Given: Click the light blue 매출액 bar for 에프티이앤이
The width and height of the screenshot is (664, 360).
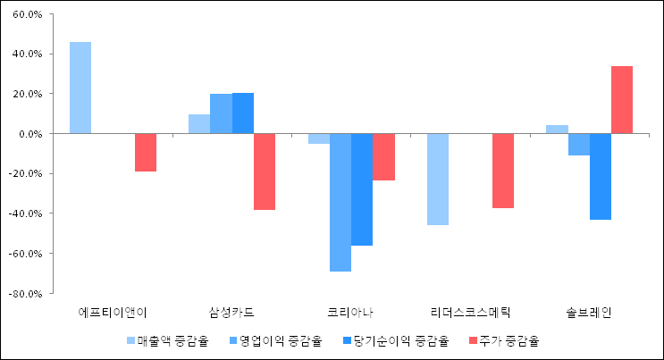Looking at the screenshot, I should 80,88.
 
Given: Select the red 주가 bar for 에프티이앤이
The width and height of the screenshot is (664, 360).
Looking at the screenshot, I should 146,152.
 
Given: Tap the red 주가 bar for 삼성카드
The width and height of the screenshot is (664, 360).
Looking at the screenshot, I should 265,172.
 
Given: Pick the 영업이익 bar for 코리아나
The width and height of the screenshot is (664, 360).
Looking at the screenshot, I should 340,202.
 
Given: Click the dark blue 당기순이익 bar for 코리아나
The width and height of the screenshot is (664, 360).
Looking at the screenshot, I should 362,189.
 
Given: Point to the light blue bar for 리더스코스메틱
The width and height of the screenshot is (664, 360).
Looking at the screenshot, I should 438,179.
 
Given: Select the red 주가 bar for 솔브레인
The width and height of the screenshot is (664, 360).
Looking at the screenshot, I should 622,99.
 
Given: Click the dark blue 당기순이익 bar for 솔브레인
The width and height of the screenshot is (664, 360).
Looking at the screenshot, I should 601,176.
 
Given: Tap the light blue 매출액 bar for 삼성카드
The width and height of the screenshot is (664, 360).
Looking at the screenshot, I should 199,123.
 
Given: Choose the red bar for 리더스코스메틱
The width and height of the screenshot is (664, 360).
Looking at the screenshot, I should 503,171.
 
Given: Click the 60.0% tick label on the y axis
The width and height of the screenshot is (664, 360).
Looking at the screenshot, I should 26,14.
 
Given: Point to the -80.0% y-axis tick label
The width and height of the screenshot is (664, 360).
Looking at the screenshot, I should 24,293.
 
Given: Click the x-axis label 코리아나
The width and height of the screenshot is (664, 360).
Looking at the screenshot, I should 351,313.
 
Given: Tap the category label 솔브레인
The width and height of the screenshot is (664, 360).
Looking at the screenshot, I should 589,313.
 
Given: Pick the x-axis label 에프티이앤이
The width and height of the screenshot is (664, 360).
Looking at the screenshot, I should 113,313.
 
